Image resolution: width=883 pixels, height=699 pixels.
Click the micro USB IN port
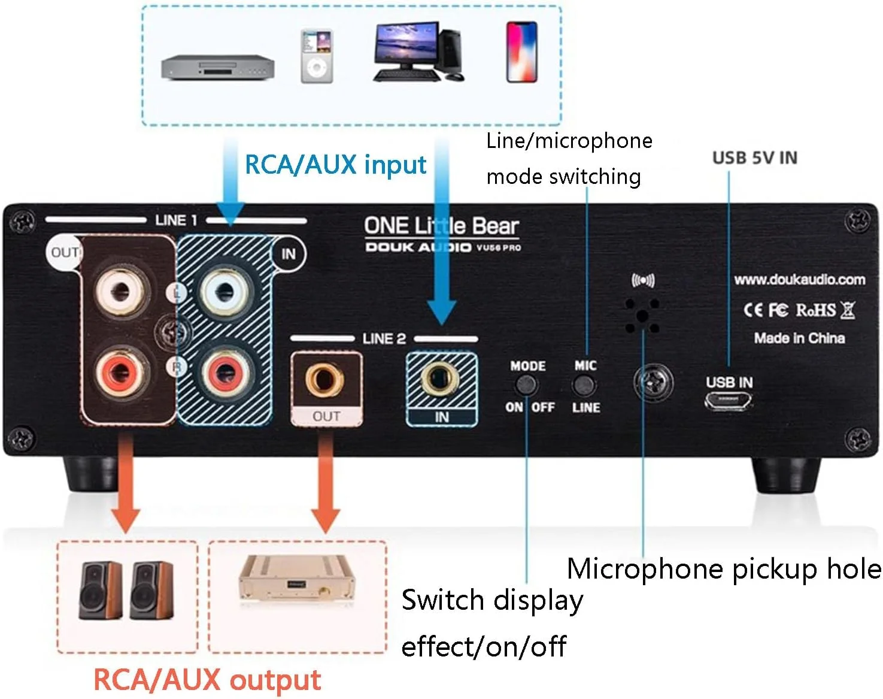729,403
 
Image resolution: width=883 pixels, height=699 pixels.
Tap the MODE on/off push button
527,386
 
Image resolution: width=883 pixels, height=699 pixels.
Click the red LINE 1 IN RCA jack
224,373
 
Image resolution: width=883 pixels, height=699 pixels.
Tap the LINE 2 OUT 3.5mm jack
326,379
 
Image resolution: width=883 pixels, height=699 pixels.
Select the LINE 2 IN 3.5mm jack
441,379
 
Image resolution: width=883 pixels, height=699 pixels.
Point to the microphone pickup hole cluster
642,315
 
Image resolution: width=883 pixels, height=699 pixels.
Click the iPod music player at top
316,56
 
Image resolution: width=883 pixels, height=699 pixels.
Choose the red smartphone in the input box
521,52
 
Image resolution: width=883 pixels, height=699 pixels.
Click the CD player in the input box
217,67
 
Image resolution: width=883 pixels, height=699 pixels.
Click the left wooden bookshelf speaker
100,590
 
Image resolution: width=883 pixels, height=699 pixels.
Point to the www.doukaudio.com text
799,280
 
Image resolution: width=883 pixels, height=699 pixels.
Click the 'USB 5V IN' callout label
754,158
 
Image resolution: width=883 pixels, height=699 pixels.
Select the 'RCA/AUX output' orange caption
207,680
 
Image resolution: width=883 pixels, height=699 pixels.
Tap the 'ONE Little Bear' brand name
441,226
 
